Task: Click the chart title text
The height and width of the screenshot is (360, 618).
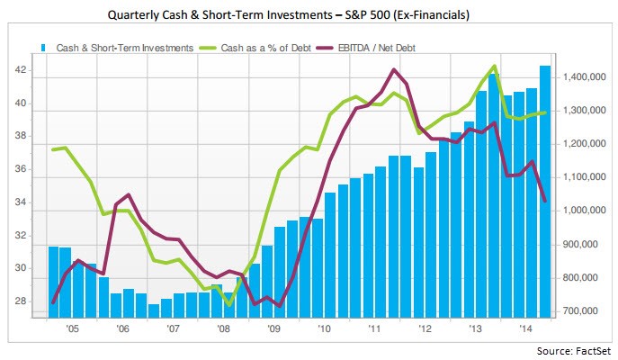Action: click(309, 14)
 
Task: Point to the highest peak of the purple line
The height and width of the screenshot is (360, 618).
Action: click(394, 69)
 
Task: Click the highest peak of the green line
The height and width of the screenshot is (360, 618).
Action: click(494, 66)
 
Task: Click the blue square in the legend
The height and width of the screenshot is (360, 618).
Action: click(43, 47)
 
